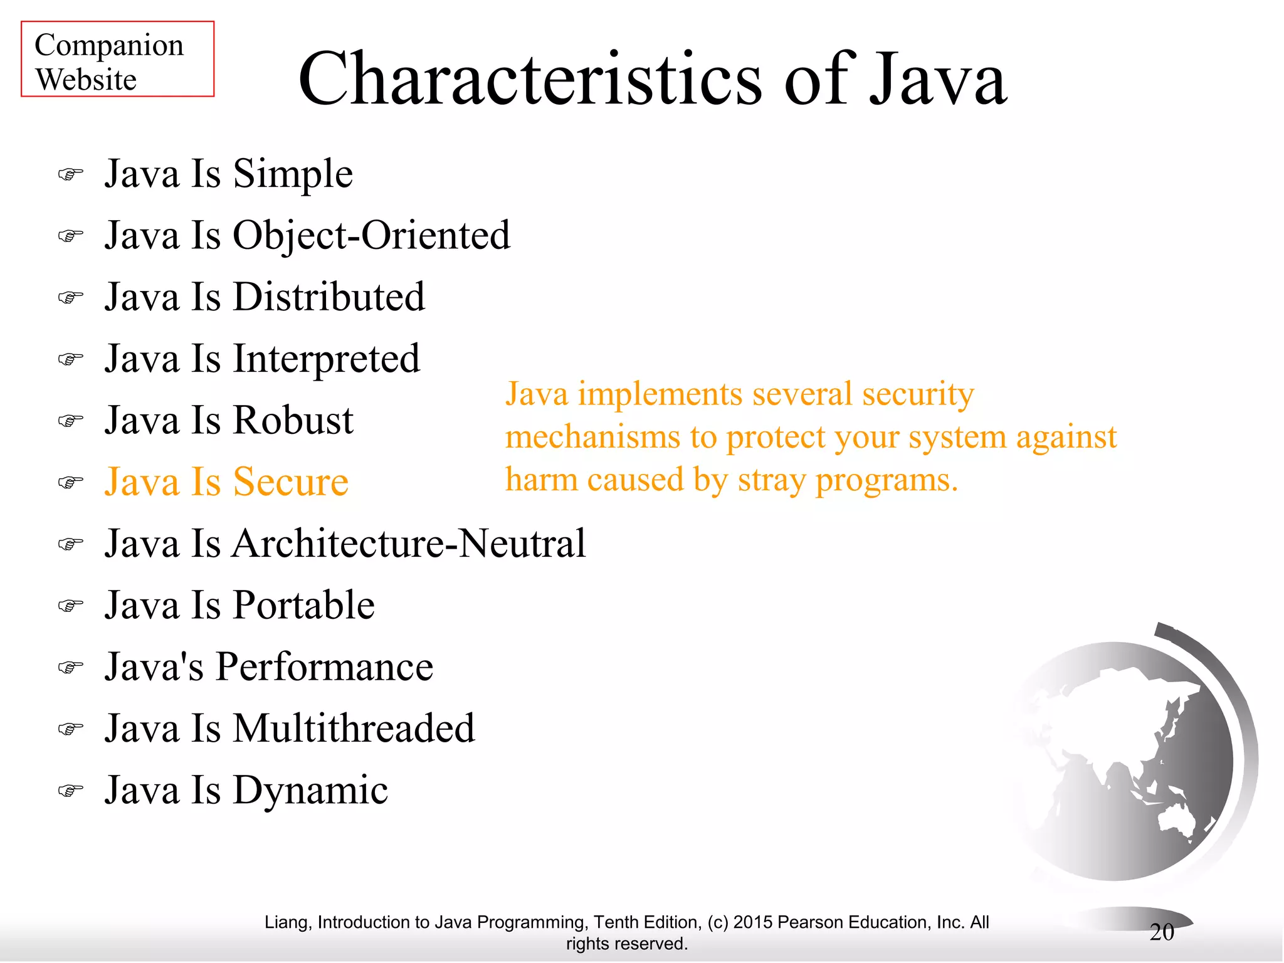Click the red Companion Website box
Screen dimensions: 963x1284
117,59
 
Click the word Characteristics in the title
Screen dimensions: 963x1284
530,80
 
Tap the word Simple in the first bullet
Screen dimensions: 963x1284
293,174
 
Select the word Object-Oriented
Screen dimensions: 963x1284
371,236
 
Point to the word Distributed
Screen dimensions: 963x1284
329,297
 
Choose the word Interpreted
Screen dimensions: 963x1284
326,359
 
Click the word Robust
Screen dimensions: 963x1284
293,421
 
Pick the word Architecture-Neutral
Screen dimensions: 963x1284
409,544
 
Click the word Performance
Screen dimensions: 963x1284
324,667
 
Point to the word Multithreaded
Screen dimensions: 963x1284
354,729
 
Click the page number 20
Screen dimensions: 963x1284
1161,932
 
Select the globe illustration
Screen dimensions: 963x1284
1129,759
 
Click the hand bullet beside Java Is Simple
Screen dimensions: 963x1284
71,174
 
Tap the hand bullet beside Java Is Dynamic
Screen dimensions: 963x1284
71,791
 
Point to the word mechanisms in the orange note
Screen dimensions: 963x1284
592,437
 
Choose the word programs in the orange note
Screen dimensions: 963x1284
887,481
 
